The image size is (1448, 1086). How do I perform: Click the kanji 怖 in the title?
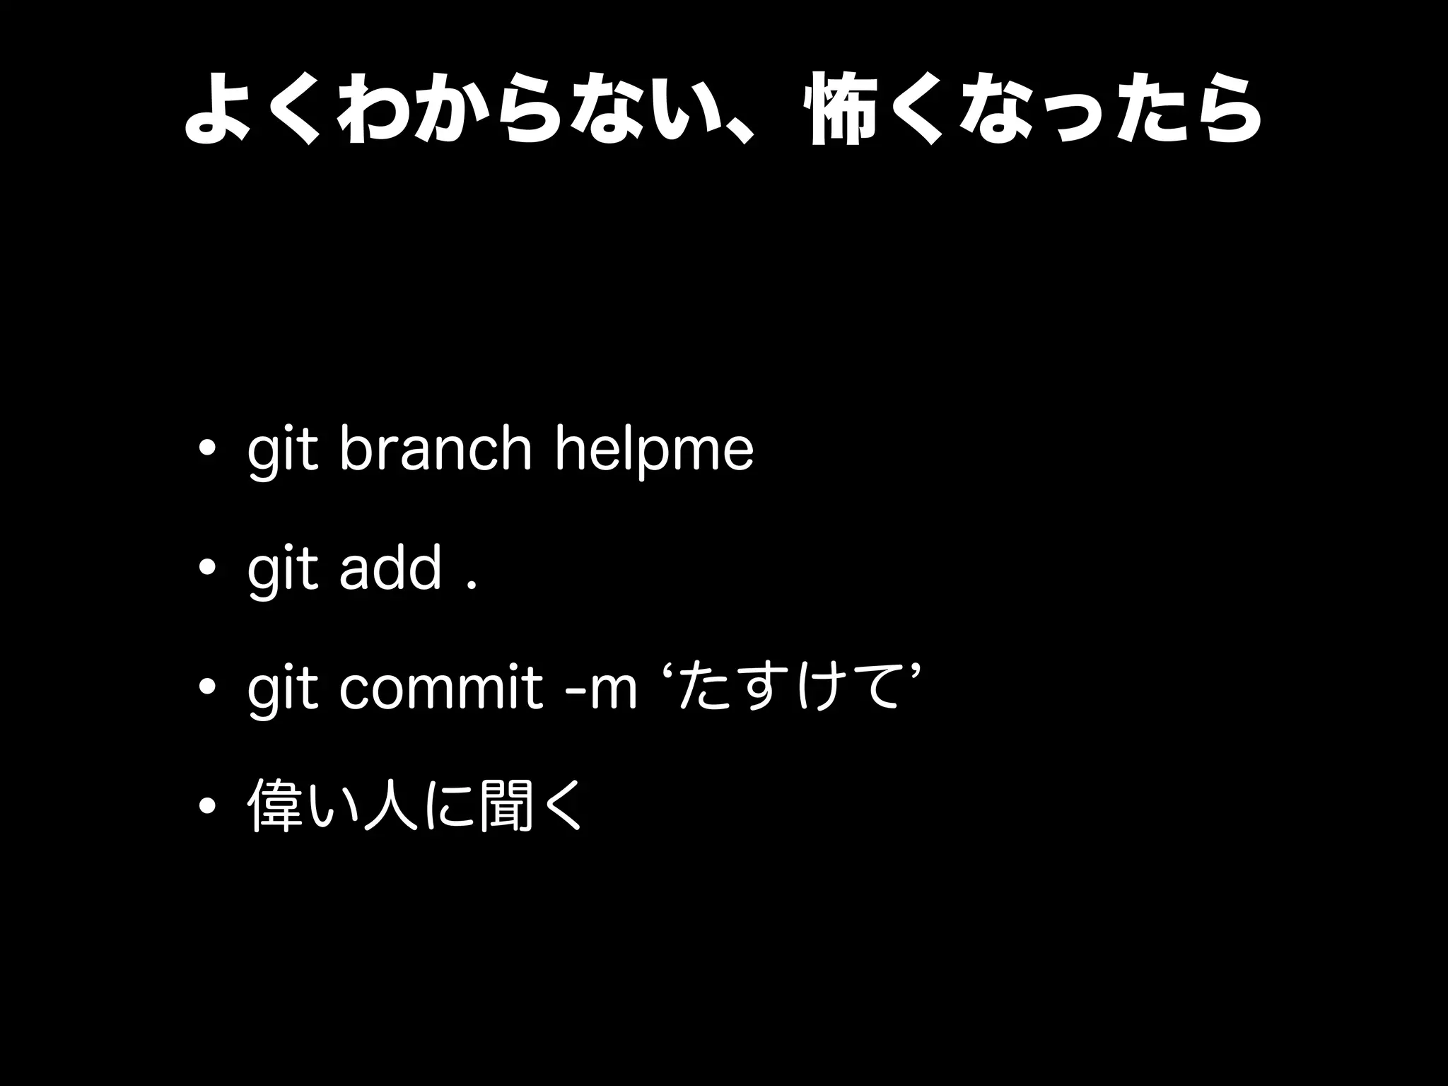[836, 110]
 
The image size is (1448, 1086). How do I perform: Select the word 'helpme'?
[655, 450]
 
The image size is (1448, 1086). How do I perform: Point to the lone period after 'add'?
[471, 583]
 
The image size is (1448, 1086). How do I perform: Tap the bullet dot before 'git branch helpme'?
[208, 450]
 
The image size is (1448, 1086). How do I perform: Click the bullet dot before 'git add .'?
[208, 568]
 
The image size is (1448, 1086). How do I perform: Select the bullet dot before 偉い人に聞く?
[208, 805]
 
